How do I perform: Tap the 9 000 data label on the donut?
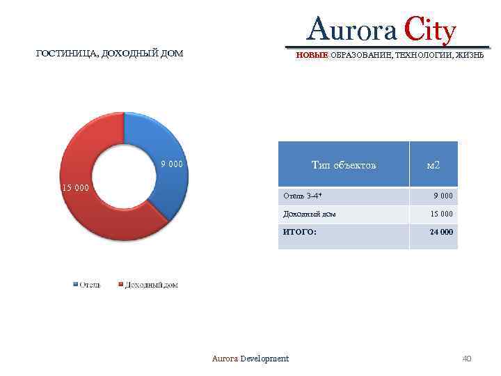171,164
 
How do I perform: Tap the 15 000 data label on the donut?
75,187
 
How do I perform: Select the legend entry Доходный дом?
150,285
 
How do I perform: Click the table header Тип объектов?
344,165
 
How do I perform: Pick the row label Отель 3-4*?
303,196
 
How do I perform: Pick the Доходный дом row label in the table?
309,214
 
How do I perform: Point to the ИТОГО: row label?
299,232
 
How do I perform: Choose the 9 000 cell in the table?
443,196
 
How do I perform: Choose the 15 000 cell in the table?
441,214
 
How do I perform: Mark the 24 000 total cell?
441,232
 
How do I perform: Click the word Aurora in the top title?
351,31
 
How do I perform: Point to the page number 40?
467,359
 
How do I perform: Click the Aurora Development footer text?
250,359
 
